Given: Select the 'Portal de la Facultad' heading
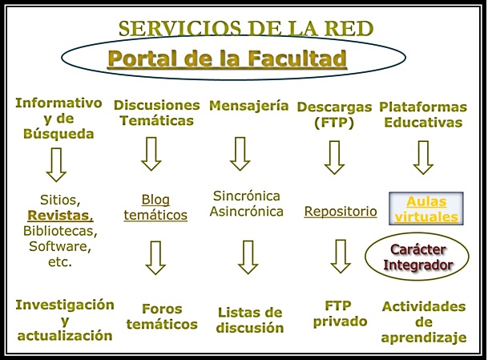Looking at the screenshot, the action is [228, 59].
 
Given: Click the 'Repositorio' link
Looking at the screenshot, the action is [341, 212].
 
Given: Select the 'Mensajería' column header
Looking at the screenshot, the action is [248, 105].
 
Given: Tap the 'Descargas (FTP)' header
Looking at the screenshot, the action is [334, 114].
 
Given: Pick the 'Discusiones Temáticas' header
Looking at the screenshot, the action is [156, 113].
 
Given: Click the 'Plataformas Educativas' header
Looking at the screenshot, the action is [421, 114].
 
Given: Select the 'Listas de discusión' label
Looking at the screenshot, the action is [250, 319].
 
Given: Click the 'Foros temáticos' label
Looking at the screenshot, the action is [163, 316].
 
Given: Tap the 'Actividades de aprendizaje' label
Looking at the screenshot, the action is [424, 322].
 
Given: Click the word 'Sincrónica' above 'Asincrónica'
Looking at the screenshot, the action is [248, 195].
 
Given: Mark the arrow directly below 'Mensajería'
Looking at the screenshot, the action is [240, 154].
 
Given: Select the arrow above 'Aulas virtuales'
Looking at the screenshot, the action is [423, 158].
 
